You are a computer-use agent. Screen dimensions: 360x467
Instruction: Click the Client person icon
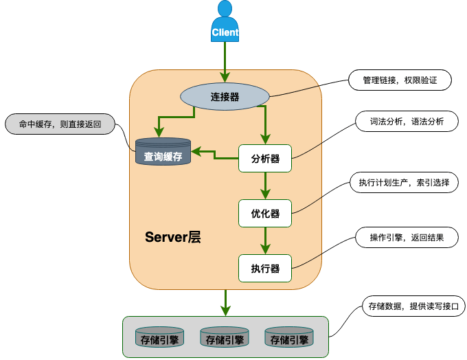click(x=225, y=22)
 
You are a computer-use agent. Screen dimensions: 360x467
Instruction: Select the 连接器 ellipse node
click(x=225, y=97)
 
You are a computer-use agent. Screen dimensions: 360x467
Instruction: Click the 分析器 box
click(x=265, y=158)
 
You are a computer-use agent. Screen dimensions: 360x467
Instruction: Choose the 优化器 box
click(x=265, y=213)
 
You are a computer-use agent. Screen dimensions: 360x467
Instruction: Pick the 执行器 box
click(x=265, y=268)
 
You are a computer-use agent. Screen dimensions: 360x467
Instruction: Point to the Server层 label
click(x=173, y=238)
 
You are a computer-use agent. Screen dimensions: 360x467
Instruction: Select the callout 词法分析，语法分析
click(x=402, y=122)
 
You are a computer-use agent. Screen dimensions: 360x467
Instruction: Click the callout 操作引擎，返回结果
click(x=406, y=238)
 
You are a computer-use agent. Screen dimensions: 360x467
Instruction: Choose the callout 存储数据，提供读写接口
click(x=413, y=306)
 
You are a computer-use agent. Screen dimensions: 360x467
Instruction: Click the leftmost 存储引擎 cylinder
click(x=157, y=337)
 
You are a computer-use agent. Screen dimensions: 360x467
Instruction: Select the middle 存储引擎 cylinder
click(x=224, y=337)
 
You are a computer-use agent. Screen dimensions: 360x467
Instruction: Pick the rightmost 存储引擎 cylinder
click(x=289, y=337)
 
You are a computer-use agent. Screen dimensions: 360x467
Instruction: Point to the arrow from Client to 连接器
click(x=225, y=58)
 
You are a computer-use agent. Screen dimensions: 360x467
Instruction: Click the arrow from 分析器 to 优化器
click(x=265, y=185)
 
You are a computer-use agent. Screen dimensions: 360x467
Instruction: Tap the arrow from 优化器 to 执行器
click(x=265, y=240)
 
